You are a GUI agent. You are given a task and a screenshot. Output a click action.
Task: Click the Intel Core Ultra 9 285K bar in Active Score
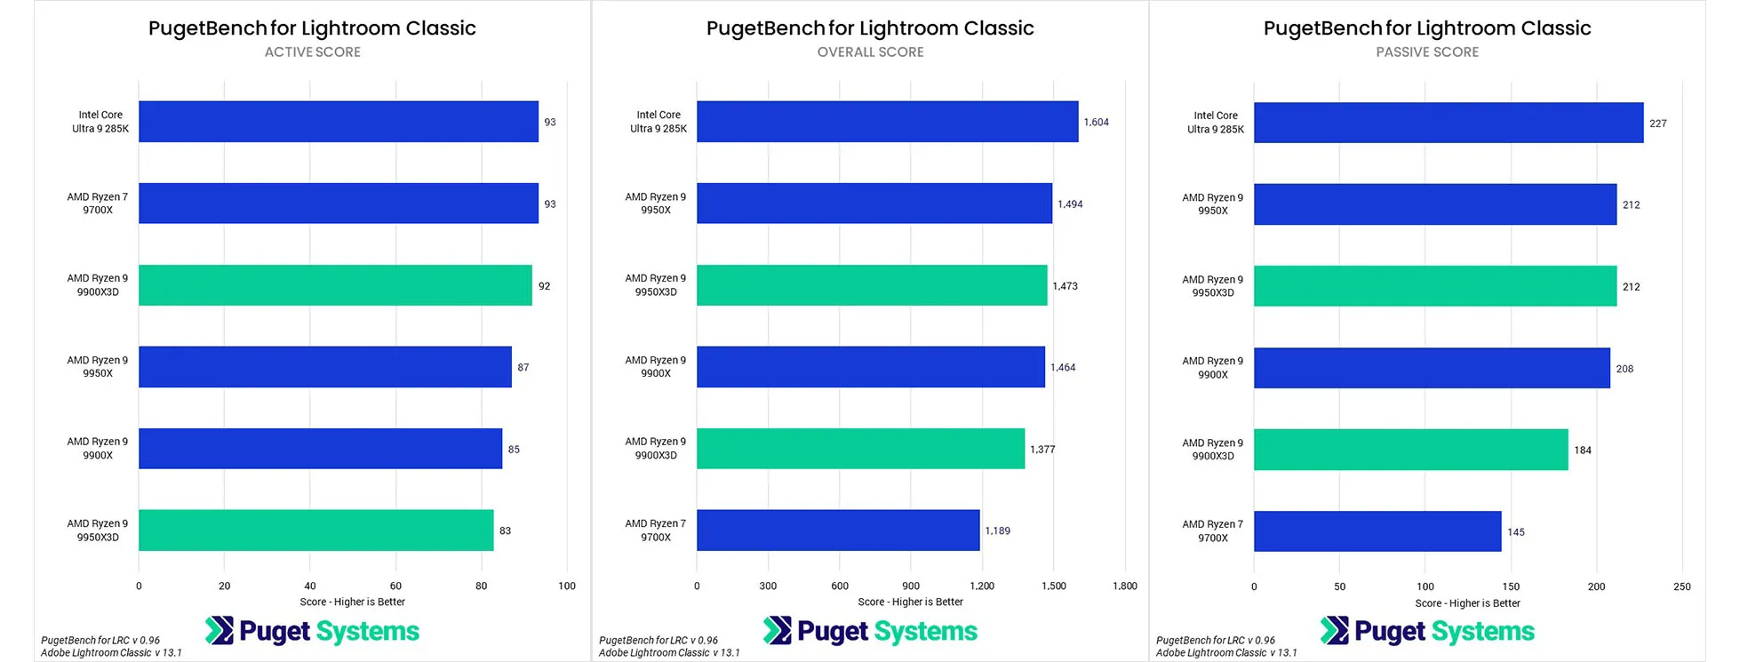338,122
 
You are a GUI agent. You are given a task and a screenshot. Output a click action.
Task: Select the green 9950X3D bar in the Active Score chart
315,530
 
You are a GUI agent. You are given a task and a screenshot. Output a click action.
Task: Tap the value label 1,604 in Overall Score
1096,123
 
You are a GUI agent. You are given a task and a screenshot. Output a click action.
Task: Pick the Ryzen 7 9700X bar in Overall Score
837,530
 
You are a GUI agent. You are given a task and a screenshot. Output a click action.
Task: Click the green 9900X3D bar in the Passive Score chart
1410,450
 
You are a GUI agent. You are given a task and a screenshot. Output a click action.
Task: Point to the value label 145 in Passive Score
1515,532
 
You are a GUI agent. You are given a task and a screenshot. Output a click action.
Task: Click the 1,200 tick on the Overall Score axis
982,586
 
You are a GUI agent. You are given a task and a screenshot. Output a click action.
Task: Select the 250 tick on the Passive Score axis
1681,587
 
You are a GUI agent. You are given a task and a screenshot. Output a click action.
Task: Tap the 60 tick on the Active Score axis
395,586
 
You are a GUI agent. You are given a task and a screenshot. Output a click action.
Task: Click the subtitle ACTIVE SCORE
313,52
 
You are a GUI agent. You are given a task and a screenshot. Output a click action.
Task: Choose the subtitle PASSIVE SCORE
1427,52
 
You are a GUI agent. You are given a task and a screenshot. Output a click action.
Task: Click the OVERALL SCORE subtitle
870,52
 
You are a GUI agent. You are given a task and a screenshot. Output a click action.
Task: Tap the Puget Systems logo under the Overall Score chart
870,631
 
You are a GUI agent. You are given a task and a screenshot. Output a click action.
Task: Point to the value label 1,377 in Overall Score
1042,450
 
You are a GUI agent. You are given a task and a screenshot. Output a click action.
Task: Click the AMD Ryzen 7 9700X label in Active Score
98,203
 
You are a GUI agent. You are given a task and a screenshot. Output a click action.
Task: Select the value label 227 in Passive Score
1657,124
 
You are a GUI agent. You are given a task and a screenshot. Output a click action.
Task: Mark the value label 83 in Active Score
505,531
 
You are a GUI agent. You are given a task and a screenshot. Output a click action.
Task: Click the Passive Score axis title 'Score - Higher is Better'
1467,603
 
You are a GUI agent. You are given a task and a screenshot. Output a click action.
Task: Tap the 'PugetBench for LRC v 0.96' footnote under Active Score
100,640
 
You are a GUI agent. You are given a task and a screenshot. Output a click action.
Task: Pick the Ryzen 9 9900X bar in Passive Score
1431,368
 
